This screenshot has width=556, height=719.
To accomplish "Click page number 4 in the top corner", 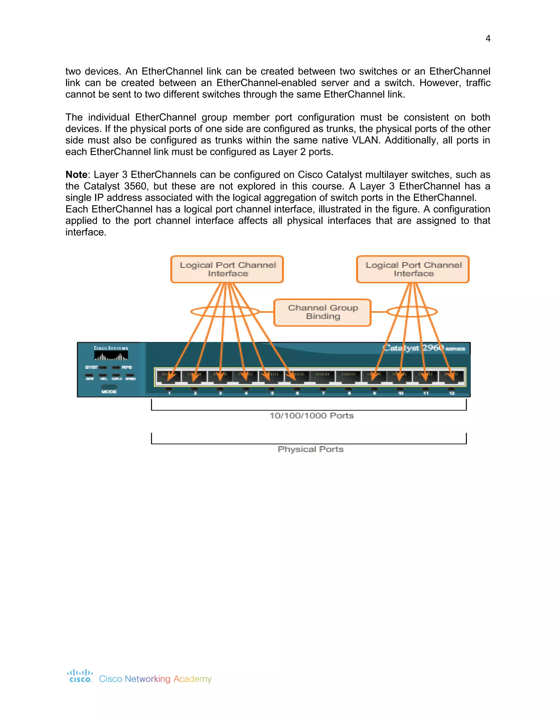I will tap(488, 39).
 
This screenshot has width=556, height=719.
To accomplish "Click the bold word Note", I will tap(76, 175).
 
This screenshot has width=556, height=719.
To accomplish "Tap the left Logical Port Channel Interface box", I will tap(227, 269).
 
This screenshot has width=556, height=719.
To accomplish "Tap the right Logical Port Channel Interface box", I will tap(413, 269).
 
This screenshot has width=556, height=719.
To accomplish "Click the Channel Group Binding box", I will tap(323, 312).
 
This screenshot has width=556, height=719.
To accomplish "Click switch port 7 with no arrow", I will tap(323, 377).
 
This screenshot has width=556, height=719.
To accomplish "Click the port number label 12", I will tap(452, 393).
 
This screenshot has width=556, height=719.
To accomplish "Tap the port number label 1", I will tap(169, 393).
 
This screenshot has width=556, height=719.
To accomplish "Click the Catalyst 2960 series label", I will tap(424, 348).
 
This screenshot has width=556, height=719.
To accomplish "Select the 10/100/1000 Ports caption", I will tap(312, 416).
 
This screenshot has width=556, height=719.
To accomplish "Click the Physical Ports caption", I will tap(311, 449).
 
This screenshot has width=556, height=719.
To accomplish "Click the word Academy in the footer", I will tap(192, 679).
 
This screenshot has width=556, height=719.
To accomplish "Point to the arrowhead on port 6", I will tap(291, 376).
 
